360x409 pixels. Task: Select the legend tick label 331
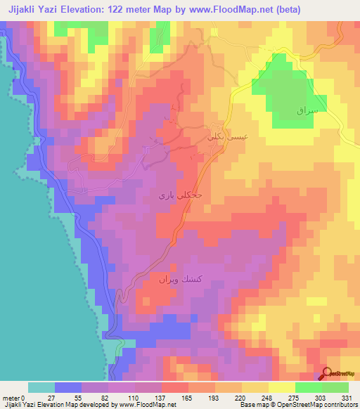click(x=348, y=396)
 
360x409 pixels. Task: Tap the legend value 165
click(x=188, y=396)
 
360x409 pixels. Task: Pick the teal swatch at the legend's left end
click(x=41, y=387)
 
